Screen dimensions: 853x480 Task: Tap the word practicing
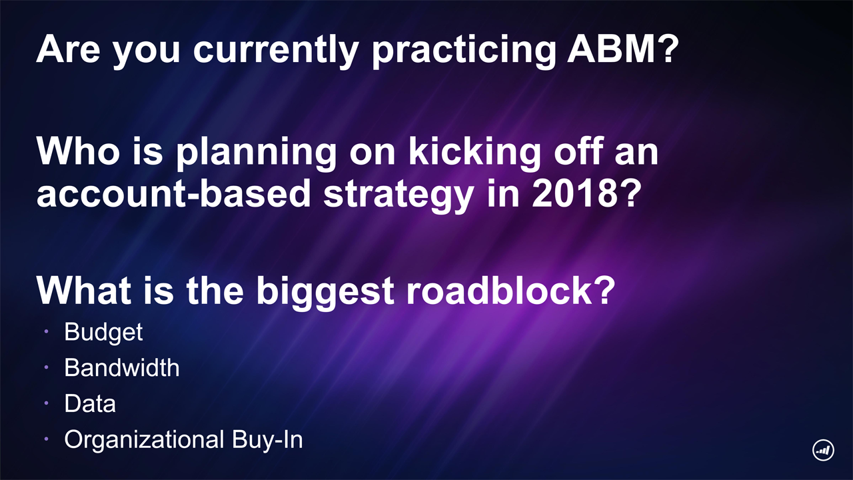tap(463, 52)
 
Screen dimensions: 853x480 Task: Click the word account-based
tap(173, 193)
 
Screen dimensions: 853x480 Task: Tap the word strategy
tap(399, 196)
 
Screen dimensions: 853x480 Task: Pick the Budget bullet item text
tap(103, 333)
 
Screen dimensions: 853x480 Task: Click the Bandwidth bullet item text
tap(122, 367)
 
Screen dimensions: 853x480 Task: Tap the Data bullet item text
tap(90, 404)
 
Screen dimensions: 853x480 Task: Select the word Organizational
tap(144, 439)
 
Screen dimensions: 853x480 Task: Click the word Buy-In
tap(267, 439)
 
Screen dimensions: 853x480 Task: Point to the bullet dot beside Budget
tap(46, 331)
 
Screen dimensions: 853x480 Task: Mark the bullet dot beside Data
tap(46, 403)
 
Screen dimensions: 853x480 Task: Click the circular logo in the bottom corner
tap(823, 450)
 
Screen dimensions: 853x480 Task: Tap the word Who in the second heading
tap(79, 151)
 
